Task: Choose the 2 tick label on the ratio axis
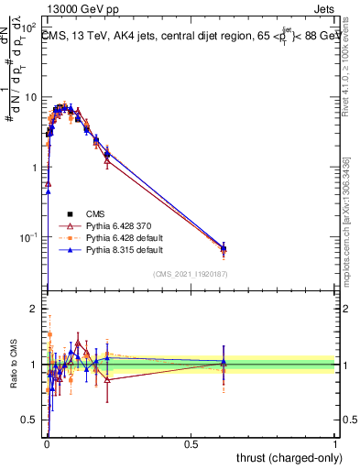[x=35, y=309]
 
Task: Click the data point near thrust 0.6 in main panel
[x=223, y=248]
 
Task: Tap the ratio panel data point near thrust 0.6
[x=223, y=364]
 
